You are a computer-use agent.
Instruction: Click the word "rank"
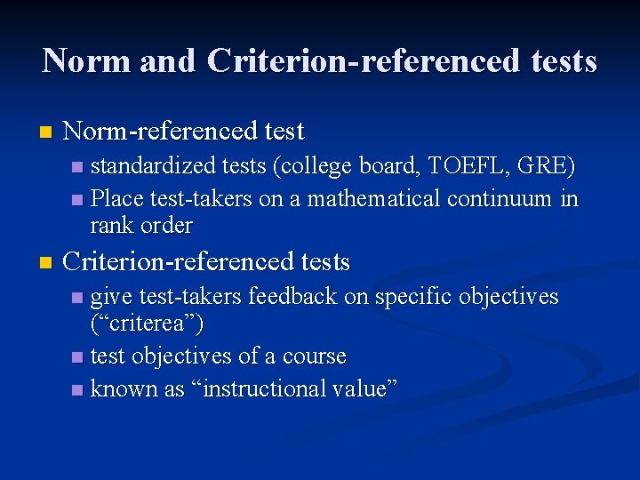[x=113, y=226]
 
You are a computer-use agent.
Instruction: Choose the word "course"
[x=314, y=356]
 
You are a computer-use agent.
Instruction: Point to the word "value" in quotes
[x=362, y=388]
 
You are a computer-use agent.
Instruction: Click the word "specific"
[x=412, y=296]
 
